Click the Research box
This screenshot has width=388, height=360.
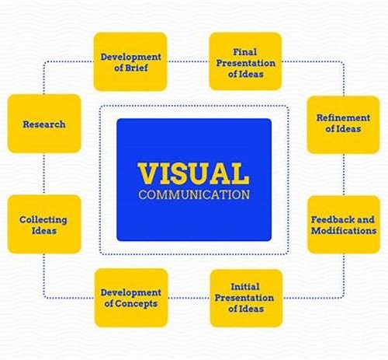coord(44,124)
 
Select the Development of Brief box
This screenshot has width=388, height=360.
coord(130,61)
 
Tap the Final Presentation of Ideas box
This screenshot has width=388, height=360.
coord(245,61)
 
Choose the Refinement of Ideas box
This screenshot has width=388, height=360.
coord(343,124)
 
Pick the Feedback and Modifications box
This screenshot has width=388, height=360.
coord(344,225)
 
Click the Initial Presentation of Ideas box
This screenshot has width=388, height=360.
coord(246,298)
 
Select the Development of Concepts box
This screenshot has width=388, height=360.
coord(131,298)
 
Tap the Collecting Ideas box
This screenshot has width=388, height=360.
coord(44,224)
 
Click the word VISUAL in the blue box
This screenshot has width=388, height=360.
coord(193,173)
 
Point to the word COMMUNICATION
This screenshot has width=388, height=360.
coord(194,195)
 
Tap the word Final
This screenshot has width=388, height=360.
coord(245,52)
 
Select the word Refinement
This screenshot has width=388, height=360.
coord(343,117)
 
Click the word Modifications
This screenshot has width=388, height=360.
coord(344,230)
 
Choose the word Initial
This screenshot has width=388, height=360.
coord(245,287)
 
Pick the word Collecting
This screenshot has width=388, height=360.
coord(43,220)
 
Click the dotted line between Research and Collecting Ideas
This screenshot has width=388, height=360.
coord(44,174)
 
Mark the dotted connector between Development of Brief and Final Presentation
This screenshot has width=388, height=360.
coord(188,61)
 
